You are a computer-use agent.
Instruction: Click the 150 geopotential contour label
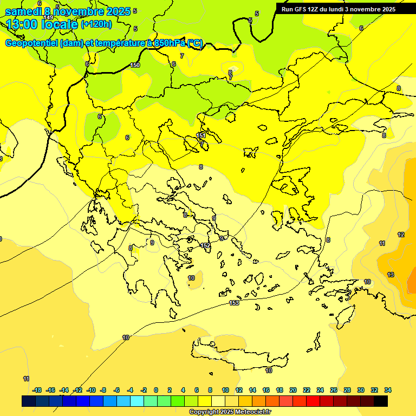135,66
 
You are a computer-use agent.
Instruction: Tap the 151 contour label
200,135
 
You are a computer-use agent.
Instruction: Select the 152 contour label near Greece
205,245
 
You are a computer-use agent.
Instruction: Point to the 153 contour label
234,303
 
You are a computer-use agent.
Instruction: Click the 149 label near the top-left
49,18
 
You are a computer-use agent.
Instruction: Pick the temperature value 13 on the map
391,275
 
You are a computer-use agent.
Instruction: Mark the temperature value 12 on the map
401,235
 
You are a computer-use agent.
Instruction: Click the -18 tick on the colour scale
37,390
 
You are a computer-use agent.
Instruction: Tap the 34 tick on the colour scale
388,390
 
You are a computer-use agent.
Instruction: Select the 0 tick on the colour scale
156,390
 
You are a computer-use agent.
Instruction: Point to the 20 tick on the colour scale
293,390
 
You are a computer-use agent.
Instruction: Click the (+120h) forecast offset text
96,24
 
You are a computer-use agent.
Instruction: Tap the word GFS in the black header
300,9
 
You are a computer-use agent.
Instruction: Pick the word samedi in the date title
23,11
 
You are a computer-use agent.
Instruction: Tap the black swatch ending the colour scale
381,401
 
